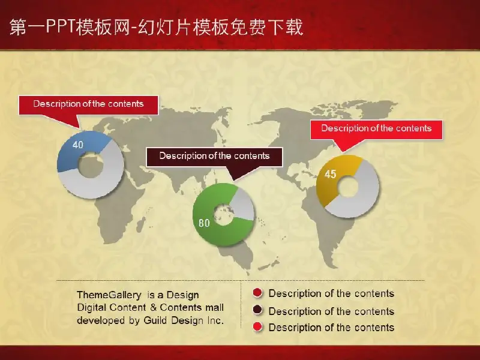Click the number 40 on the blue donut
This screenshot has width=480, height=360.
(x=78, y=145)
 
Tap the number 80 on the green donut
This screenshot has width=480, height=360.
(x=204, y=223)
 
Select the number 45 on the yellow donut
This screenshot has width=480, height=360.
(x=331, y=174)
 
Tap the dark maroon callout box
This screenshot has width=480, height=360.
(x=214, y=157)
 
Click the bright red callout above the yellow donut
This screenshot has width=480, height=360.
(x=376, y=129)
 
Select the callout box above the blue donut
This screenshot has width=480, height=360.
(x=88, y=104)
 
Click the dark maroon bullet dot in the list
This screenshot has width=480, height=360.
(x=258, y=310)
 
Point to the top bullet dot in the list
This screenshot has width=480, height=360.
(x=258, y=293)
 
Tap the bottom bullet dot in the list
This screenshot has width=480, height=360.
(x=258, y=327)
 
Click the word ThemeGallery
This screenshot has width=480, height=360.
(x=109, y=295)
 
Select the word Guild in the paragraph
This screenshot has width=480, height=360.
(x=156, y=320)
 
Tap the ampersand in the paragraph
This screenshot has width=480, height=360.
(x=153, y=307)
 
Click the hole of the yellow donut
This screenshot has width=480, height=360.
(x=348, y=187)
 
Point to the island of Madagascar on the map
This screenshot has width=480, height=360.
(x=141, y=224)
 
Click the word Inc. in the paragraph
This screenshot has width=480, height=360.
(x=215, y=320)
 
